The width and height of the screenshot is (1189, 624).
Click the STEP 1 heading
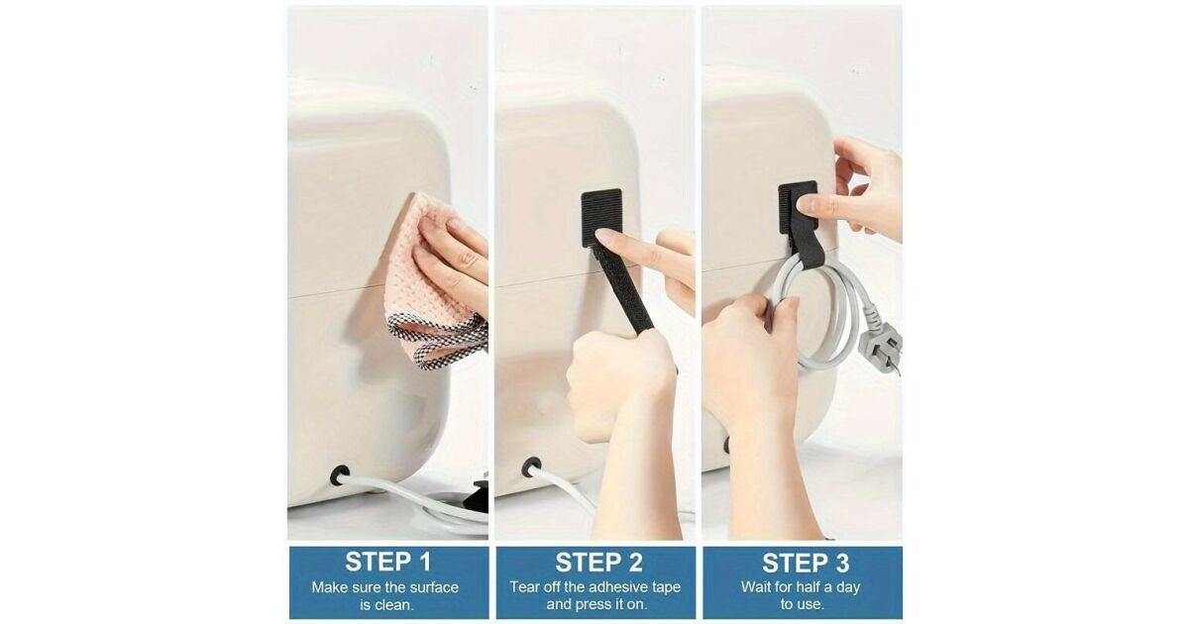click(x=388, y=562)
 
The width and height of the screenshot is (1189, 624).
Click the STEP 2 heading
click(x=598, y=563)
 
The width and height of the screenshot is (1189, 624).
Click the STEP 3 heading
click(x=806, y=563)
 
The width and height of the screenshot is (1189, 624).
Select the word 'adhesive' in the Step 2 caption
click(x=615, y=587)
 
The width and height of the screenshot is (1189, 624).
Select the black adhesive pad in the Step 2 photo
click(x=601, y=218)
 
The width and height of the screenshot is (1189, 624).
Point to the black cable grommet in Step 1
click(x=340, y=475)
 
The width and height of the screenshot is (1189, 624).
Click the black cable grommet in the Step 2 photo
click(x=531, y=467)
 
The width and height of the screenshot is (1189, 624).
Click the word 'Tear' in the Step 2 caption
click(x=522, y=587)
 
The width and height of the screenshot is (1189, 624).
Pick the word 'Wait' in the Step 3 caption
click(x=754, y=587)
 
